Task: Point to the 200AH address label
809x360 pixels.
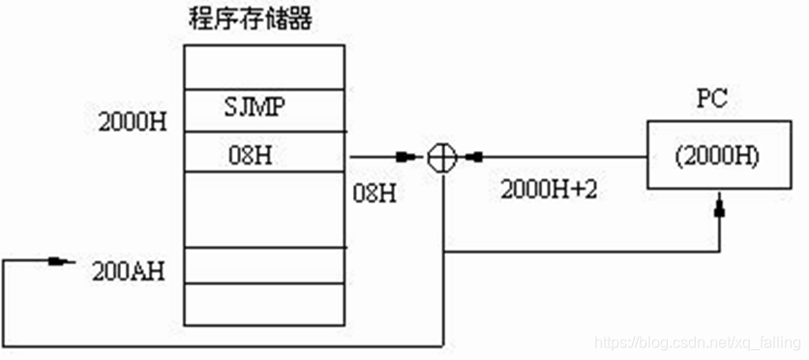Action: click(128, 270)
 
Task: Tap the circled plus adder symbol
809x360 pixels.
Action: click(441, 156)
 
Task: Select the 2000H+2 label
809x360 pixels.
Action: click(549, 190)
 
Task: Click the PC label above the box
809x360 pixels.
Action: click(712, 100)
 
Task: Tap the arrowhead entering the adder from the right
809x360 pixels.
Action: click(474, 156)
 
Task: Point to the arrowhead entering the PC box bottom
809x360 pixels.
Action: click(718, 207)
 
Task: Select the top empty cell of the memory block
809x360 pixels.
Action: click(264, 68)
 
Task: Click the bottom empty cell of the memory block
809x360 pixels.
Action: click(264, 304)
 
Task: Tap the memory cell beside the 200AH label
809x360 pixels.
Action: click(264, 265)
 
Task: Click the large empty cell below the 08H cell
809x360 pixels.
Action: click(264, 209)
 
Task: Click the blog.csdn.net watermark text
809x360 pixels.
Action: click(696, 343)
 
